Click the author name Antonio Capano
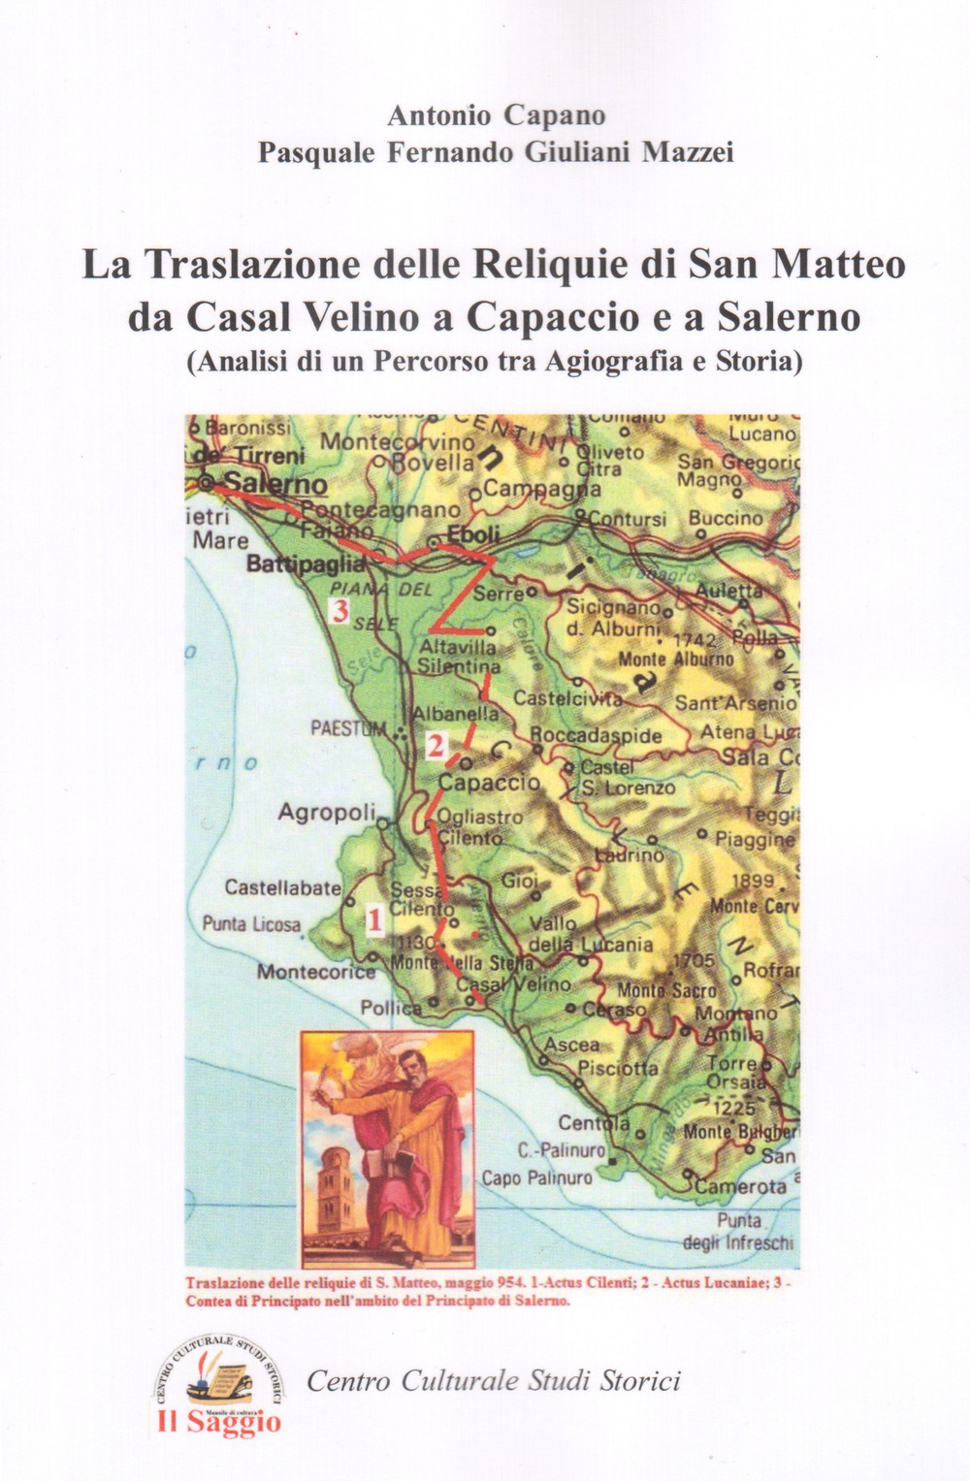pyautogui.click(x=496, y=115)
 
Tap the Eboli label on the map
pyautogui.click(x=473, y=534)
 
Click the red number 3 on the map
pyautogui.click(x=339, y=611)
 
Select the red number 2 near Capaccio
pyautogui.click(x=436, y=746)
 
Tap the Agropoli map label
pyautogui.click(x=320, y=813)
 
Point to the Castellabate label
pyautogui.click(x=282, y=886)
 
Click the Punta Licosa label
pyautogui.click(x=251, y=924)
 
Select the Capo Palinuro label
pyautogui.click(x=536, y=1178)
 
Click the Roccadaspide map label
pyautogui.click(x=596, y=735)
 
